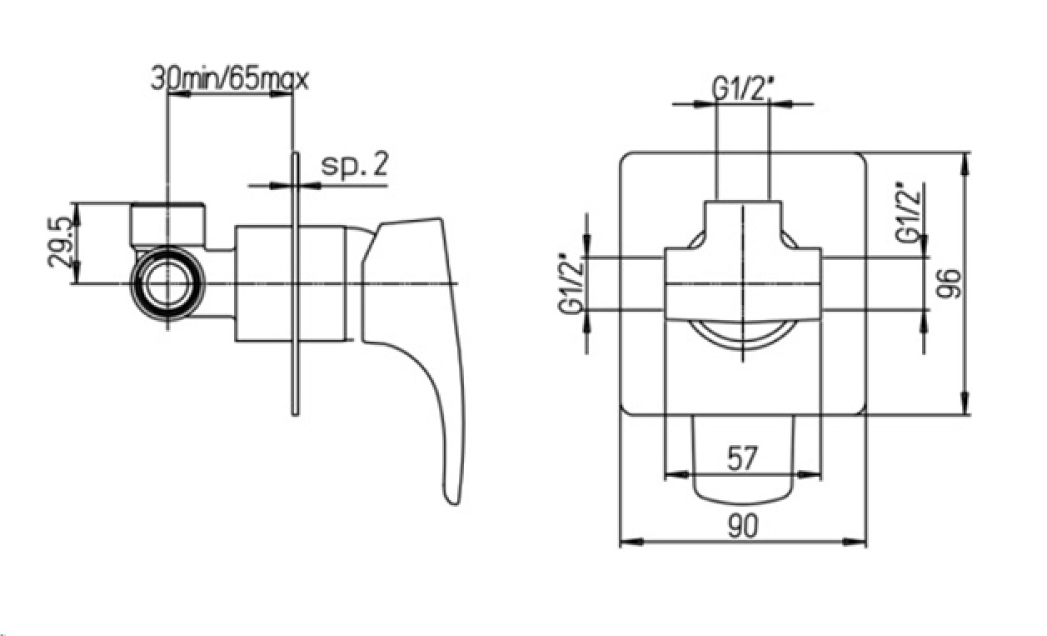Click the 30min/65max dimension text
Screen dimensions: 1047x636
(230, 80)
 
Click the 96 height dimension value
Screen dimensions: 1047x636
(949, 283)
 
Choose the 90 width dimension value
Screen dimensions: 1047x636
(742, 526)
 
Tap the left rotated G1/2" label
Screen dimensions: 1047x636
(571, 283)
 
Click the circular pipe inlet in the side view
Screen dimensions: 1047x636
(167, 283)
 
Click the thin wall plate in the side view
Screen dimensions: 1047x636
(295, 283)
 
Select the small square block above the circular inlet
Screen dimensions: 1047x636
(167, 224)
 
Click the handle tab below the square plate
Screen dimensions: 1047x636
(743, 460)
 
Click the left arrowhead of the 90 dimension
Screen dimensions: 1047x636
(631, 543)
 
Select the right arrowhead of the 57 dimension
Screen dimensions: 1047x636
(810, 475)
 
